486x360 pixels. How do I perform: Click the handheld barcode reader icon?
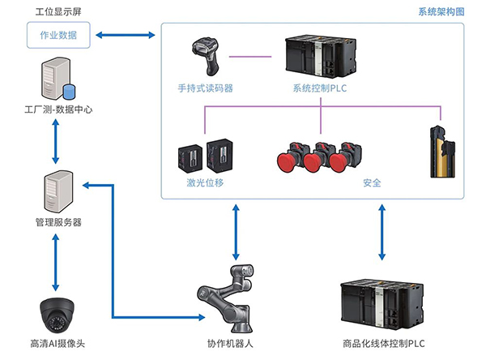click(205, 56)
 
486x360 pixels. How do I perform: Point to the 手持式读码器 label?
click(205, 88)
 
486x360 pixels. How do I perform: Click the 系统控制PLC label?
click(320, 88)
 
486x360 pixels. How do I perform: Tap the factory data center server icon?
click(54, 79)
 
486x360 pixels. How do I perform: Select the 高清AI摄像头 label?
click(57, 344)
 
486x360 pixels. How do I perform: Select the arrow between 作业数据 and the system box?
click(125, 35)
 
